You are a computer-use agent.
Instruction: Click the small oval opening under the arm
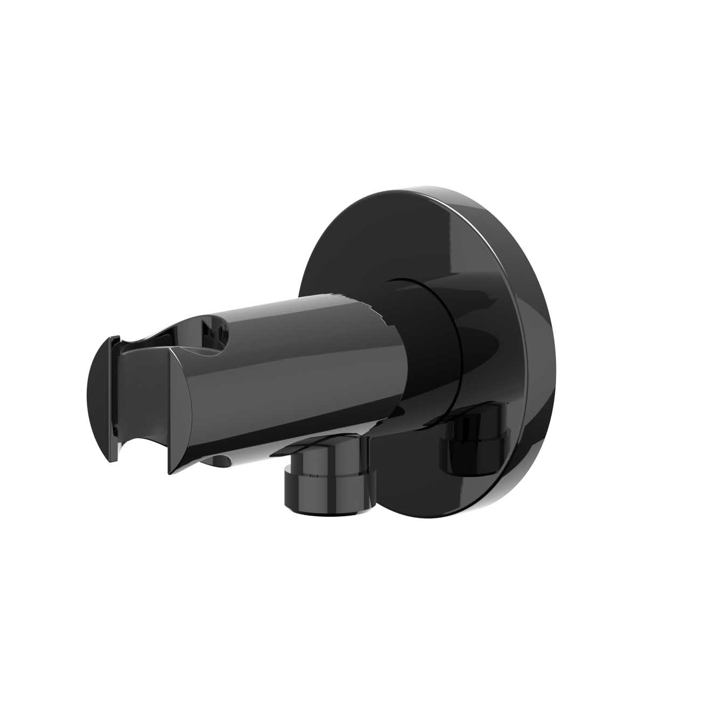(x=219, y=461)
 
